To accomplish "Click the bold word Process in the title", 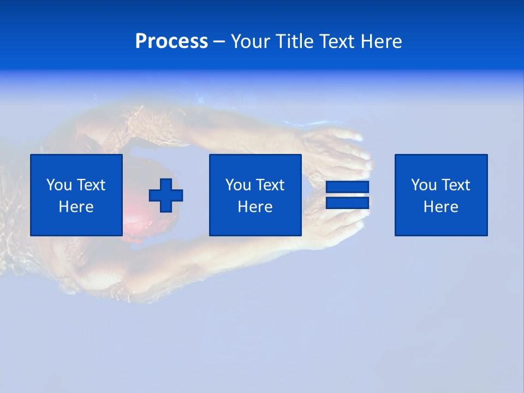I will pyautogui.click(x=171, y=41).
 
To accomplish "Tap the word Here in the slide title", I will pyautogui.click(x=381, y=41).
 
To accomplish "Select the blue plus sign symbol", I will pyautogui.click(x=166, y=195).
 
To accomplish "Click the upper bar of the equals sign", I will pyautogui.click(x=347, y=187).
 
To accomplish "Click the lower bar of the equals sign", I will pyautogui.click(x=347, y=203).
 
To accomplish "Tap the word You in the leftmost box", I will pyautogui.click(x=59, y=185).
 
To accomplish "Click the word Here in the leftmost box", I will pyautogui.click(x=76, y=207).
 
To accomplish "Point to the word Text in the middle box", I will pyautogui.click(x=270, y=185).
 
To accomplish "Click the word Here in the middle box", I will pyautogui.click(x=255, y=207).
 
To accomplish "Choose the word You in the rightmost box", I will pyautogui.click(x=424, y=185).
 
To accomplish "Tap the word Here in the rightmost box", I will pyautogui.click(x=440, y=207).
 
